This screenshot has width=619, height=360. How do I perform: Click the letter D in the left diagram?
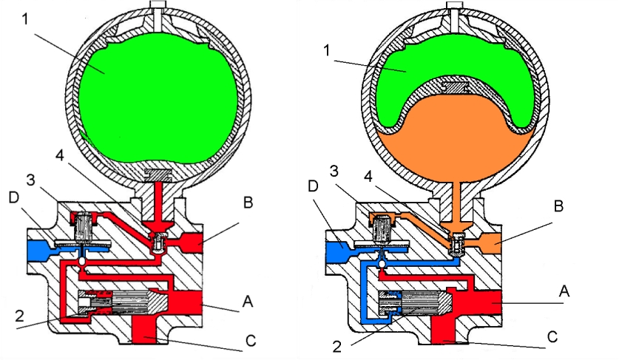point(12,199)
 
